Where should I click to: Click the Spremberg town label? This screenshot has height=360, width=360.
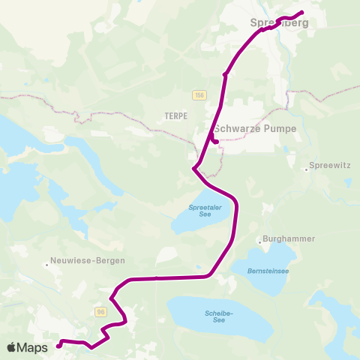coord(278,23)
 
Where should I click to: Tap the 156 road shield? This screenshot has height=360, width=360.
coord(199,94)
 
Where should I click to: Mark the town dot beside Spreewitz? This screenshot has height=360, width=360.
coord(306,169)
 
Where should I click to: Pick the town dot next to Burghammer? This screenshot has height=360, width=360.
coord(259,241)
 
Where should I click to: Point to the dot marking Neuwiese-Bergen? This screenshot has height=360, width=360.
coord(46,263)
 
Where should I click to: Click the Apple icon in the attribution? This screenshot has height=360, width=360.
coord(12,347)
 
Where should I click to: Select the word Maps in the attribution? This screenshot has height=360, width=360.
coord(34,347)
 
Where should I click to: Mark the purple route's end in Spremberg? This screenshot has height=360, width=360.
coord(301,12)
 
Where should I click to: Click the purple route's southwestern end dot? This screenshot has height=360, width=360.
coord(58,346)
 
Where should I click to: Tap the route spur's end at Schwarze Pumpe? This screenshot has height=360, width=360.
coord(215,141)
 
